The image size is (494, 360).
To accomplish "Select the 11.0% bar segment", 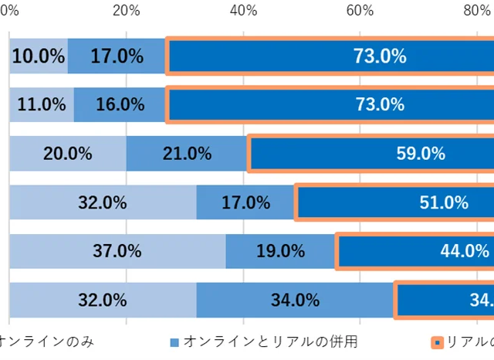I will [x=42, y=104].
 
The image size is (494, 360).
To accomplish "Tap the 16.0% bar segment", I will [x=120, y=104].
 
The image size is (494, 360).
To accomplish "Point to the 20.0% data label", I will [x=67, y=153].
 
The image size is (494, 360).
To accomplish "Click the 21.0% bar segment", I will [x=187, y=153].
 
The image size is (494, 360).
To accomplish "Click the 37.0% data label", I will [x=117, y=251].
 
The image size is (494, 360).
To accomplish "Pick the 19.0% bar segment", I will [x=281, y=251].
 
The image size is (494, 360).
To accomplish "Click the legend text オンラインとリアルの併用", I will [x=270, y=341].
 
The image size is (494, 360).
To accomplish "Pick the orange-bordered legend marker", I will [x=438, y=341].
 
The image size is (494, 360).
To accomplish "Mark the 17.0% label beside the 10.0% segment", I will [x=117, y=56].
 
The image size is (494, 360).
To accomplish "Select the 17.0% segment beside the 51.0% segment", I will [x=245, y=202].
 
